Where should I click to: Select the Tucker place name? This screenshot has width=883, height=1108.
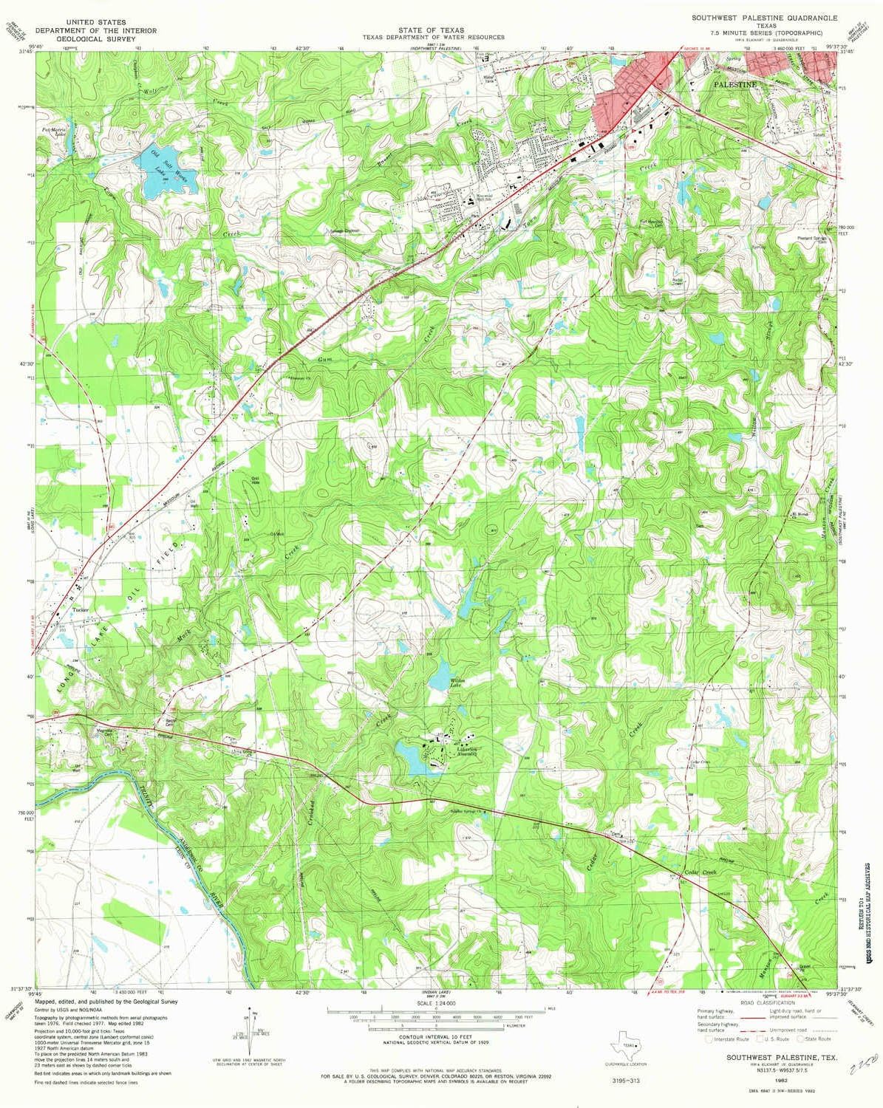[x=81, y=610]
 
